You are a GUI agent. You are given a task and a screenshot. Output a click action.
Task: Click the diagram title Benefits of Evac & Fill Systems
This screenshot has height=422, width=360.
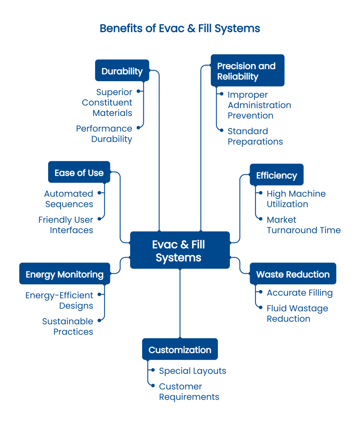click(180, 28)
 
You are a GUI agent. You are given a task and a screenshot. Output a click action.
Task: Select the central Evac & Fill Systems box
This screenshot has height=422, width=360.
click(180, 251)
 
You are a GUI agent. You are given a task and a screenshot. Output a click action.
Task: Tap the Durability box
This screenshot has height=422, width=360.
click(122, 71)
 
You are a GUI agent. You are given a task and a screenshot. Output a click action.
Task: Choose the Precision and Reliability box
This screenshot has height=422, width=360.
click(247, 71)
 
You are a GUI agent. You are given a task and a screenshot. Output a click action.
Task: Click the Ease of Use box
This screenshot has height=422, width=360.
click(79, 172)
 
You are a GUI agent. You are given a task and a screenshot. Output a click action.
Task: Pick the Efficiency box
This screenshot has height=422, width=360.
click(276, 175)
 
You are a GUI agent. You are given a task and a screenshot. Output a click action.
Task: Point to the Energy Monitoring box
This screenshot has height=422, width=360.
click(65, 274)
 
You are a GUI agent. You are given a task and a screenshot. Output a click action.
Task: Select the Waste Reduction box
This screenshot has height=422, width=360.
click(293, 274)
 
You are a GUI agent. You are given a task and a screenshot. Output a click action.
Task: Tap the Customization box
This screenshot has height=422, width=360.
click(180, 349)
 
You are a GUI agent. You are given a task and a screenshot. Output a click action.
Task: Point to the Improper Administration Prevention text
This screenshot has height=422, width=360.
click(259, 105)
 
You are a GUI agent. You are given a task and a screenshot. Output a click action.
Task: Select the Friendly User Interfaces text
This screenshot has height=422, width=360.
click(66, 225)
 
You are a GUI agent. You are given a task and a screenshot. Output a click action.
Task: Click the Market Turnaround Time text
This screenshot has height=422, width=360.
click(304, 225)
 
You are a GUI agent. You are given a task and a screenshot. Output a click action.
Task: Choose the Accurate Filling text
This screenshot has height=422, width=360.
click(299, 293)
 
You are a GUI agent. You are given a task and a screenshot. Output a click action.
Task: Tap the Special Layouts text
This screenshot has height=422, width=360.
click(192, 371)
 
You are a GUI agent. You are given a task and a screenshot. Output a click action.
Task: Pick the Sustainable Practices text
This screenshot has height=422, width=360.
click(68, 326)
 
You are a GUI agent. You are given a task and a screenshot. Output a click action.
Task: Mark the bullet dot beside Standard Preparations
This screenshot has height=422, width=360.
click(222, 130)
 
